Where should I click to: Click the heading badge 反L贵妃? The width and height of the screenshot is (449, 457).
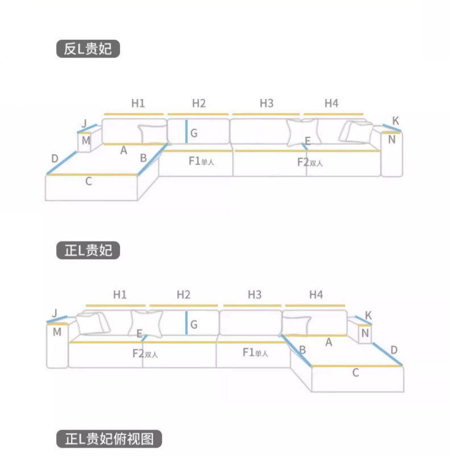(88, 49)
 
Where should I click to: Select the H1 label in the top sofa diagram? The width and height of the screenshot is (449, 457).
(138, 103)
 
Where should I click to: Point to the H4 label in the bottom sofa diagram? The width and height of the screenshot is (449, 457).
(316, 294)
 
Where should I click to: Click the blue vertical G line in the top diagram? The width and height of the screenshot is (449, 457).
(186, 132)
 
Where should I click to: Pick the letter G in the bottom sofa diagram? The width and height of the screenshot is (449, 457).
(194, 325)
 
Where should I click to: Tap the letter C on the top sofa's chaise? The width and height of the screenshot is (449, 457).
(88, 181)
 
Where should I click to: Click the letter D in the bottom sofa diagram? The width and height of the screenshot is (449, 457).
(394, 350)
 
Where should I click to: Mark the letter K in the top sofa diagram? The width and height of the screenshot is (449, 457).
(396, 121)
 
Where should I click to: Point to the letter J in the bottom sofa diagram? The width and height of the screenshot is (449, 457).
(55, 313)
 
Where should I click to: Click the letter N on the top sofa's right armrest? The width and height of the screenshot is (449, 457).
(392, 139)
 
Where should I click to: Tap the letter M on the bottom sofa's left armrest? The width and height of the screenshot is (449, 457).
(57, 332)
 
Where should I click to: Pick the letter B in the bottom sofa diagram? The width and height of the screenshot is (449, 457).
(303, 350)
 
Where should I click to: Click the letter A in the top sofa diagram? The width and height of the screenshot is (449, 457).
(123, 150)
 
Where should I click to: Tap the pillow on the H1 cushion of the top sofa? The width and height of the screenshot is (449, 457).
(152, 134)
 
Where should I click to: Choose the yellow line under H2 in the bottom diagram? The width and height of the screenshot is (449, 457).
(184, 306)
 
